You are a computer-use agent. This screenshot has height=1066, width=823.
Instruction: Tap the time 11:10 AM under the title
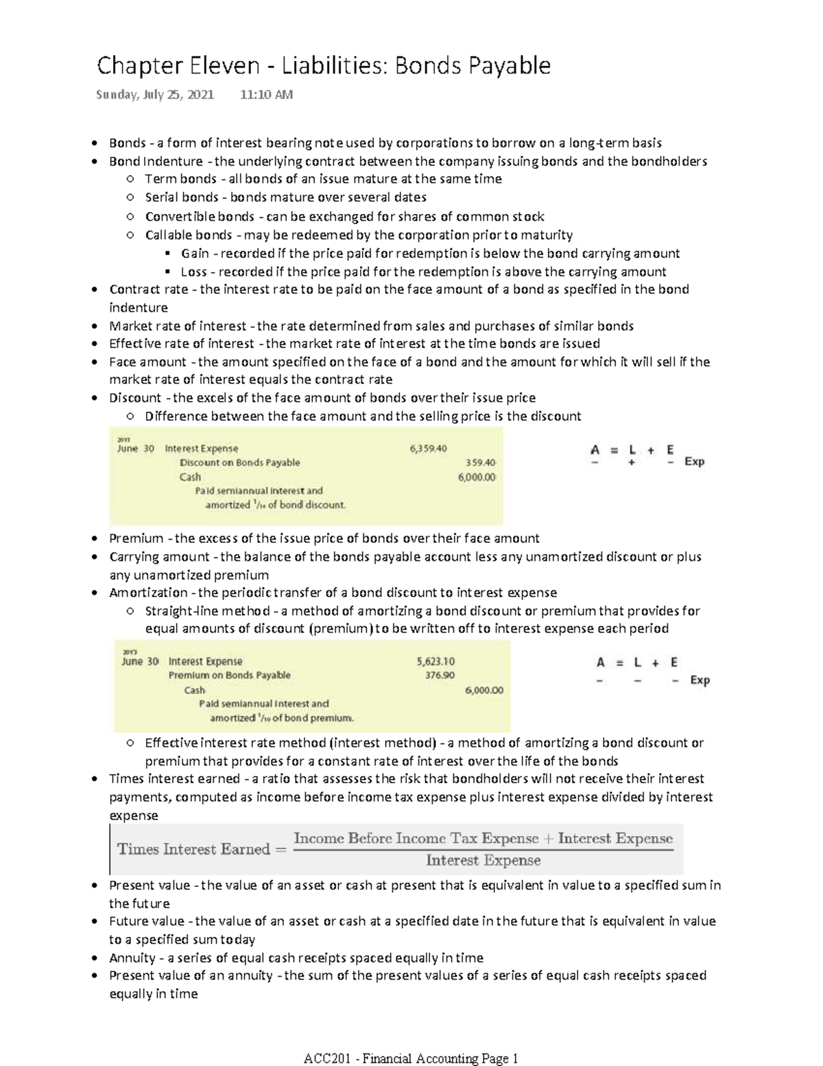pyautogui.click(x=266, y=95)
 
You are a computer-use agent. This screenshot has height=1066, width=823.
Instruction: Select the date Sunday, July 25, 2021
pyautogui.click(x=154, y=95)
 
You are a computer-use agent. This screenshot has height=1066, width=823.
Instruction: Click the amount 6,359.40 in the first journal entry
pyautogui.click(x=428, y=448)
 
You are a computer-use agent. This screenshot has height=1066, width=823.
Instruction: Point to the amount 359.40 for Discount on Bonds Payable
pyautogui.click(x=480, y=463)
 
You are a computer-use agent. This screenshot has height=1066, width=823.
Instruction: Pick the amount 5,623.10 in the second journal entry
pyautogui.click(x=436, y=662)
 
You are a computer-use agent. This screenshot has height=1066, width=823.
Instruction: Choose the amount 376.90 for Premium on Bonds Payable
pyautogui.click(x=440, y=675)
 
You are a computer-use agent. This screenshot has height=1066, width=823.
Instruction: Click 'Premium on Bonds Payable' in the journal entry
pyautogui.click(x=229, y=675)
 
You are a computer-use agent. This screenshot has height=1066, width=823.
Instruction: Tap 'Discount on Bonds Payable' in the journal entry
pyautogui.click(x=239, y=463)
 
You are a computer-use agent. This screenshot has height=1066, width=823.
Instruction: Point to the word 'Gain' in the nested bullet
pyautogui.click(x=195, y=253)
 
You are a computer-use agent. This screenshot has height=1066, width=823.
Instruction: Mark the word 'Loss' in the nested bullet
pyautogui.click(x=193, y=272)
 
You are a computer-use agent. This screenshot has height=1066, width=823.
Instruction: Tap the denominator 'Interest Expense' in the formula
pyautogui.click(x=483, y=860)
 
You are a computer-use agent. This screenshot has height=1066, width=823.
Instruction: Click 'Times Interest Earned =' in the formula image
pyautogui.click(x=202, y=849)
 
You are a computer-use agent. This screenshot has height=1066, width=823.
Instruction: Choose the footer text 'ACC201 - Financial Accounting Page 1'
pyautogui.click(x=411, y=1058)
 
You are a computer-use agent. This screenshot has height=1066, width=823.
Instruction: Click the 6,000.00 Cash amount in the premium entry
pyautogui.click(x=484, y=690)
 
